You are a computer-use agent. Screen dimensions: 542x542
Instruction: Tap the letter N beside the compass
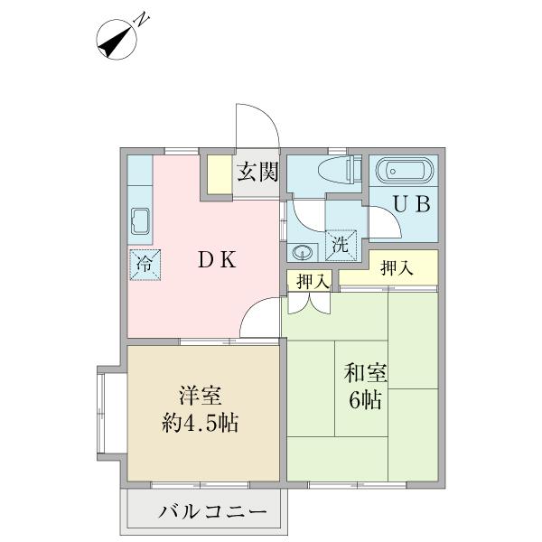[x=142, y=18]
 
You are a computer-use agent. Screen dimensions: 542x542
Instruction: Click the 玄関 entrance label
[x=257, y=173]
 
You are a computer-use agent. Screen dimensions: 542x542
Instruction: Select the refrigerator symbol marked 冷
[x=145, y=264]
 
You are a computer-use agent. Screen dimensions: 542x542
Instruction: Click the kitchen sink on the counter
[x=140, y=220]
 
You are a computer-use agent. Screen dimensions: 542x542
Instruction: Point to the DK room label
[x=218, y=260]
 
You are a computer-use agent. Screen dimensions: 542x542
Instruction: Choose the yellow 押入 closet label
[x=396, y=267]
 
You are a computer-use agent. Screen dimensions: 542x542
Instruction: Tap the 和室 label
[x=364, y=371]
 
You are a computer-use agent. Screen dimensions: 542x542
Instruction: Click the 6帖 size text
[x=364, y=399]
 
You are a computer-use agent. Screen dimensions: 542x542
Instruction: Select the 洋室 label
[x=201, y=397]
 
